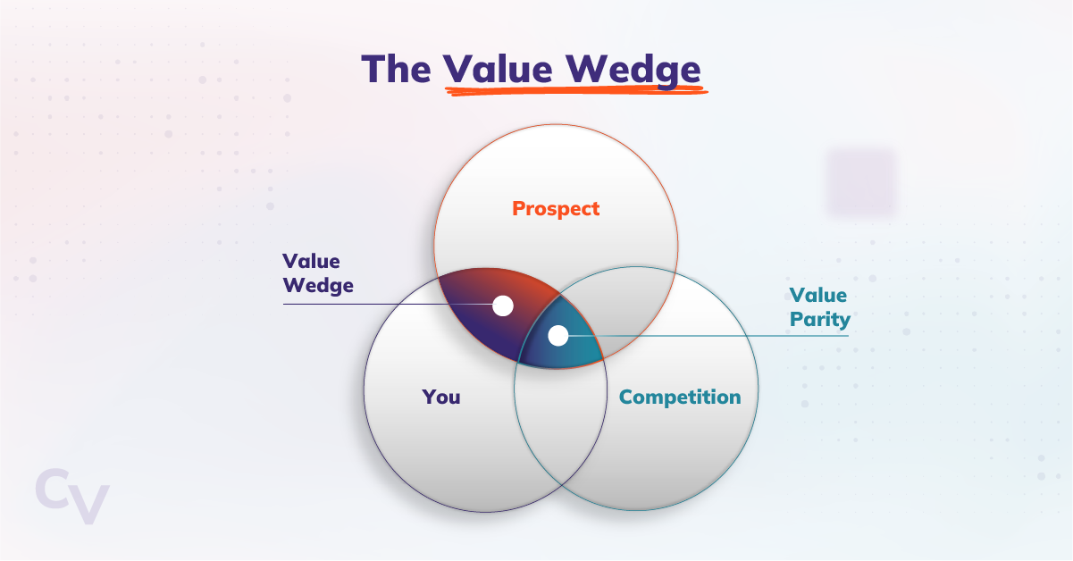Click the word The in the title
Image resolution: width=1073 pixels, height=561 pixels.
pyautogui.click(x=396, y=69)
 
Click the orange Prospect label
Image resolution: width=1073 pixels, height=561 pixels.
pyautogui.click(x=556, y=209)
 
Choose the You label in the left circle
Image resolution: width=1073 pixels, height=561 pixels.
pyautogui.click(x=441, y=397)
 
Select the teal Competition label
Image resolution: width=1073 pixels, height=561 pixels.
pyautogui.click(x=680, y=397)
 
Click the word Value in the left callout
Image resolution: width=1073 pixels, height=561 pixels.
pyautogui.click(x=310, y=261)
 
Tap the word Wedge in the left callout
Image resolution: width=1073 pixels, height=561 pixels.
pyautogui.click(x=318, y=286)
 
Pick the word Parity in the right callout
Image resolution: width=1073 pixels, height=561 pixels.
pyautogui.click(x=819, y=319)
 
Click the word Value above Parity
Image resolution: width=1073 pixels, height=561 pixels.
pyautogui.click(x=817, y=295)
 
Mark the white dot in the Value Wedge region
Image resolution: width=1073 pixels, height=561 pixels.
pyautogui.click(x=503, y=306)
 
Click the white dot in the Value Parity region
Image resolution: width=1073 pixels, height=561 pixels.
pyautogui.click(x=558, y=336)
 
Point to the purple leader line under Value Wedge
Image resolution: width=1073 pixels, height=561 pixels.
pyautogui.click(x=375, y=305)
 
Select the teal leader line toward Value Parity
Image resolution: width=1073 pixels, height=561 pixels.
pyautogui.click(x=715, y=336)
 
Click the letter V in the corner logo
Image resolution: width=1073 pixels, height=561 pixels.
pyautogui.click(x=89, y=502)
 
